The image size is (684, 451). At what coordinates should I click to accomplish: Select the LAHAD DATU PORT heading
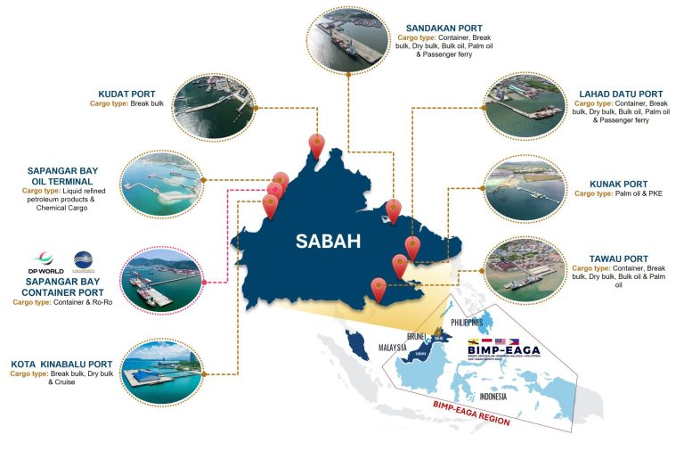620,94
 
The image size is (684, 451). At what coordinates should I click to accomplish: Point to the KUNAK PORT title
621,184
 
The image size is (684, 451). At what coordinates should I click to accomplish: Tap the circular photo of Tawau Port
525,267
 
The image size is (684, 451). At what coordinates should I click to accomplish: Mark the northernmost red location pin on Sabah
315,143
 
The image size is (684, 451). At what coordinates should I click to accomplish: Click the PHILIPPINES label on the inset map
466,322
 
